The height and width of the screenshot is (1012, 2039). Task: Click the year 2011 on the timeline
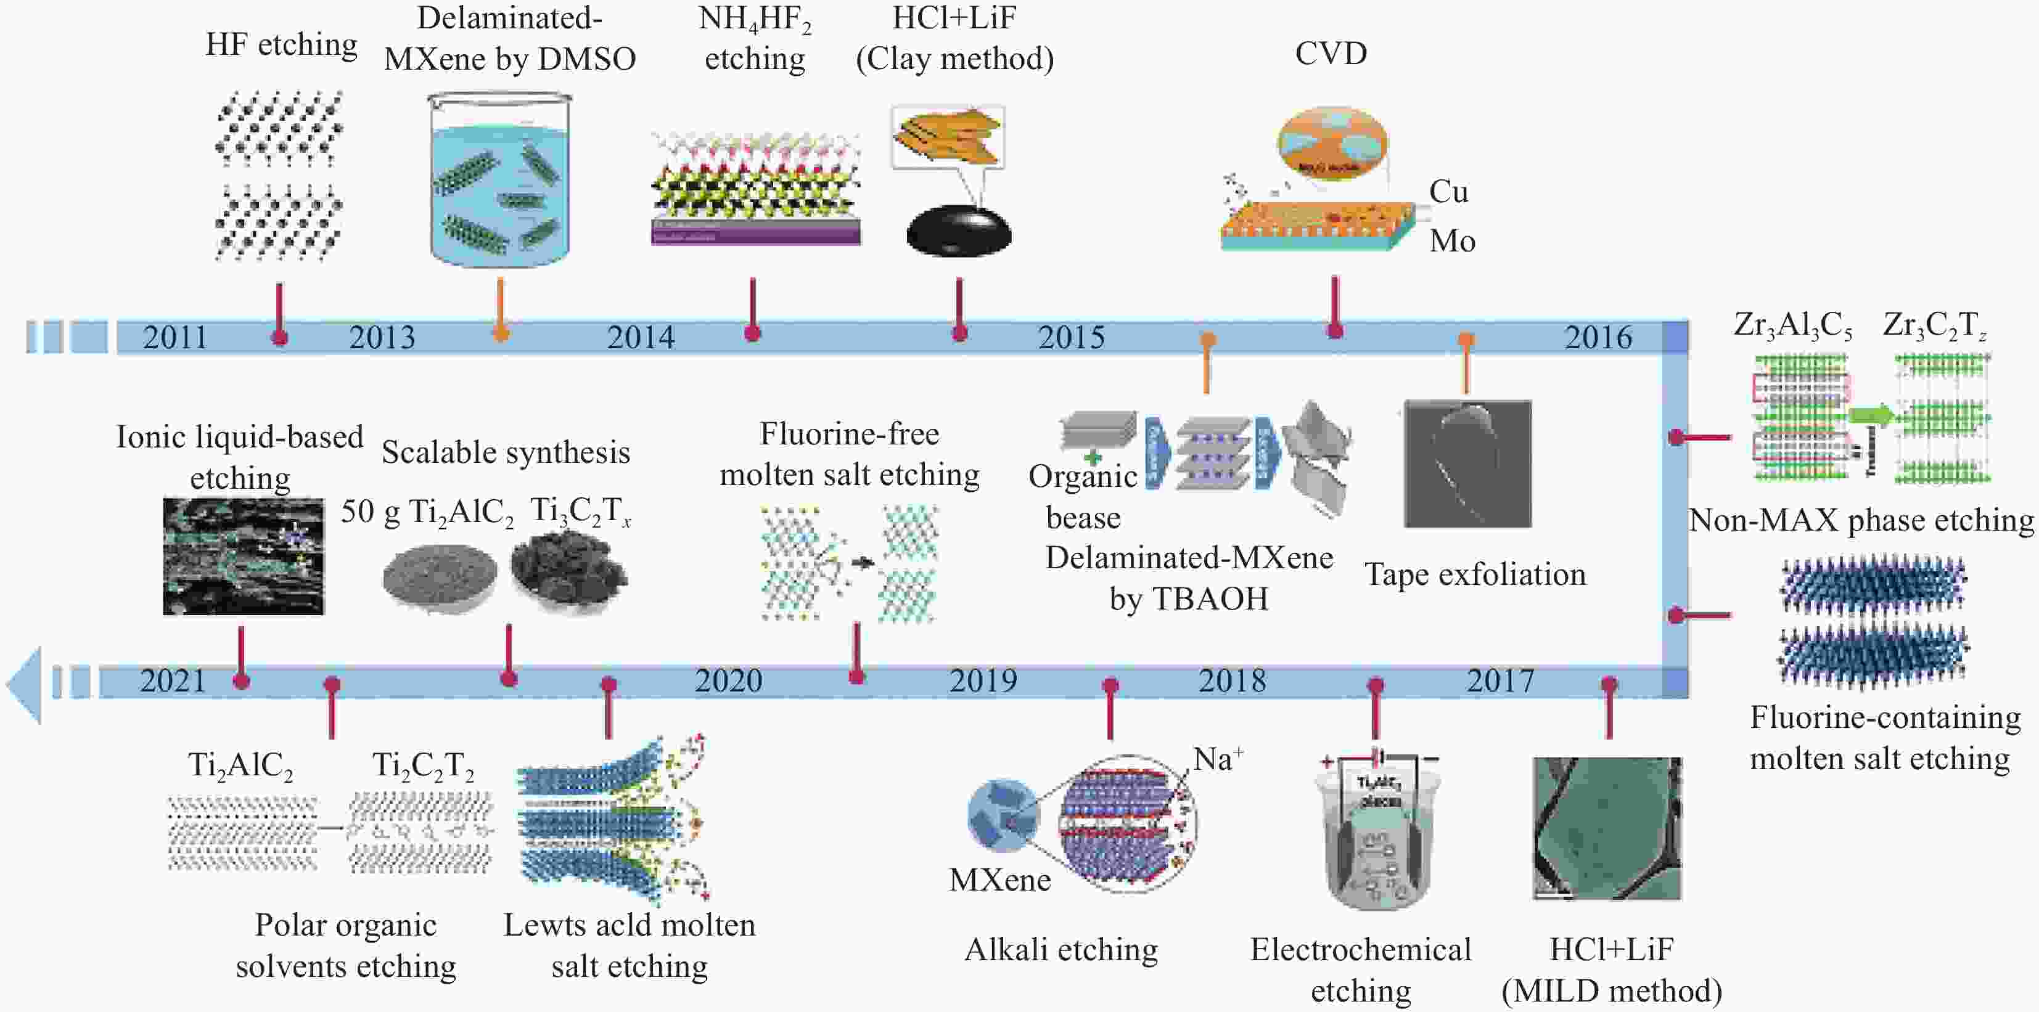(175, 338)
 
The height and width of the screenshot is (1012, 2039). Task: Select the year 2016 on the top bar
(1598, 338)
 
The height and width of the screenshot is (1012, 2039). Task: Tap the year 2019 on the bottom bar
(983, 681)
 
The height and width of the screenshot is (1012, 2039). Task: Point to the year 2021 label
(173, 681)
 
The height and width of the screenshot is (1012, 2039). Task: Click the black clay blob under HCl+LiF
(959, 231)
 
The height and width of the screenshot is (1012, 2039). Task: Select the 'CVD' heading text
(1331, 54)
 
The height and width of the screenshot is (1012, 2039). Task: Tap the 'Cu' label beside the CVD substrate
(1448, 192)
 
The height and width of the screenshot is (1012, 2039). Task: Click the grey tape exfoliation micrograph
(1467, 463)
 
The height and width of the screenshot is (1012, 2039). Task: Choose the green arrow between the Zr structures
(1871, 415)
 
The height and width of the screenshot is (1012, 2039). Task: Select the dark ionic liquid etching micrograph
(243, 557)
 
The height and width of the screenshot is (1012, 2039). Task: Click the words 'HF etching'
(281, 45)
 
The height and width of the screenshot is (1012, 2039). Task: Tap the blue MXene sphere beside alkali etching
(1004, 815)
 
